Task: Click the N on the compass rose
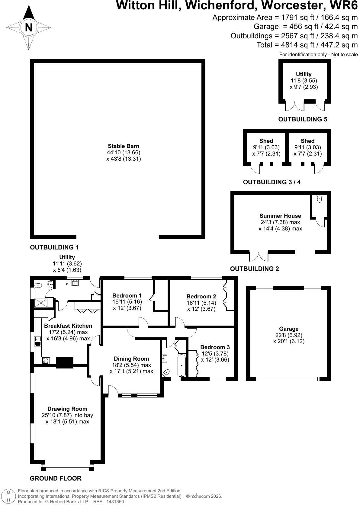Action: (29, 27)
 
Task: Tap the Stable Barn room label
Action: (124, 146)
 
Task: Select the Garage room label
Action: (289, 329)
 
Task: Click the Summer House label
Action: (280, 216)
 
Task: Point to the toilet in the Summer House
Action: (320, 198)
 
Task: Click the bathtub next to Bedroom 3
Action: (182, 365)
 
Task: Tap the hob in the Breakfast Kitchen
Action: (46, 361)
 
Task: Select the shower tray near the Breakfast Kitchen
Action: (41, 303)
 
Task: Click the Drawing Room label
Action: (67, 409)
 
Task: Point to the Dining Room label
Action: (131, 359)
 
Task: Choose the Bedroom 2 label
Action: (201, 296)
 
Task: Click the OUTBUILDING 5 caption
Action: (303, 119)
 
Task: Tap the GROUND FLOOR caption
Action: (56, 478)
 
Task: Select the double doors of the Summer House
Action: (259, 256)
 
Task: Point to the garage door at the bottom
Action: (288, 379)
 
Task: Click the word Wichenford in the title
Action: (221, 5)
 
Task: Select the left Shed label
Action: (266, 141)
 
